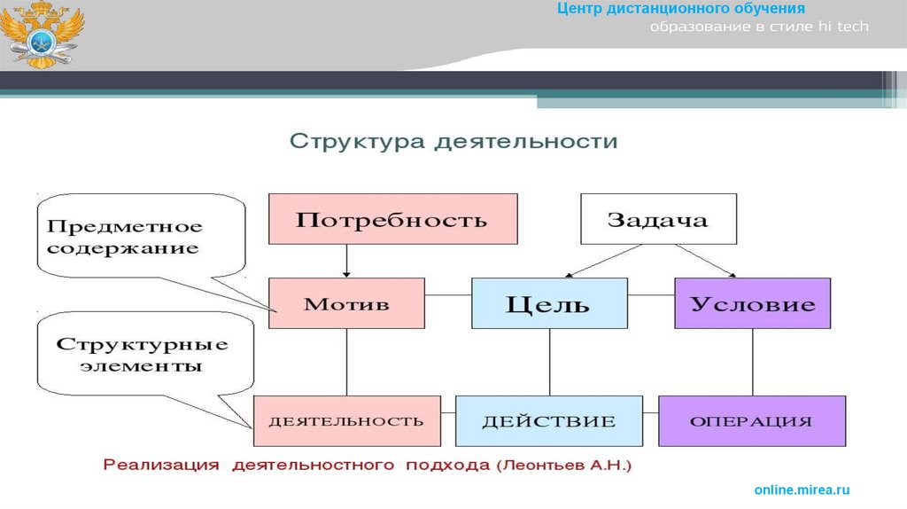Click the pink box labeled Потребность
(x=392, y=219)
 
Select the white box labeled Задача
(x=658, y=219)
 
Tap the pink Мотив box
(x=346, y=304)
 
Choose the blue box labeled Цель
(x=548, y=304)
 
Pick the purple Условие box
(x=752, y=304)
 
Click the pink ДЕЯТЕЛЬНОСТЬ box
(x=346, y=420)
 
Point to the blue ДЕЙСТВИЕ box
(x=548, y=420)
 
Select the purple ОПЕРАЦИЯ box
(x=752, y=420)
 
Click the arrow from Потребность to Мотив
(x=346, y=261)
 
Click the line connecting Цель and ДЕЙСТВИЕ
(x=548, y=362)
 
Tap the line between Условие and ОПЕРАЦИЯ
(x=752, y=362)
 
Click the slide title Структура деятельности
(x=453, y=142)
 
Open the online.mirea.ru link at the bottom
(x=802, y=489)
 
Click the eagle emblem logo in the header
(x=41, y=35)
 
